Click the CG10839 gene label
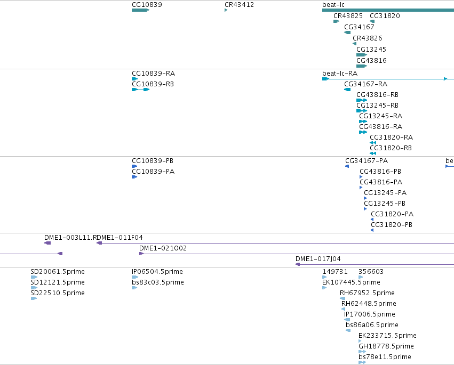[147, 5]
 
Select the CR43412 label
[239, 5]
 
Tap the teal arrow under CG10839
[140, 10]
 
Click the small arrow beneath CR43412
[226, 10]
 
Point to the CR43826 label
[368, 38]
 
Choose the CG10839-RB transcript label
[153, 84]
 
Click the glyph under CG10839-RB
[140, 90]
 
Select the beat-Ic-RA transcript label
[340, 74]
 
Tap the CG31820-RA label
[391, 137]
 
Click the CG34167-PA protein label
[367, 161]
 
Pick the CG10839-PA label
[153, 172]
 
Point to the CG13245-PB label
[385, 204]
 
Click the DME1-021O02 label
[163, 248]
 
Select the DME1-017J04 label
[318, 259]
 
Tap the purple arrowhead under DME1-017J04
[297, 264]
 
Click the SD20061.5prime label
[58, 272]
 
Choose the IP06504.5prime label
[157, 272]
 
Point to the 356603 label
[371, 272]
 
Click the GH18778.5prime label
[386, 346]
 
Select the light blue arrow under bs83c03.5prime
[134, 288]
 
